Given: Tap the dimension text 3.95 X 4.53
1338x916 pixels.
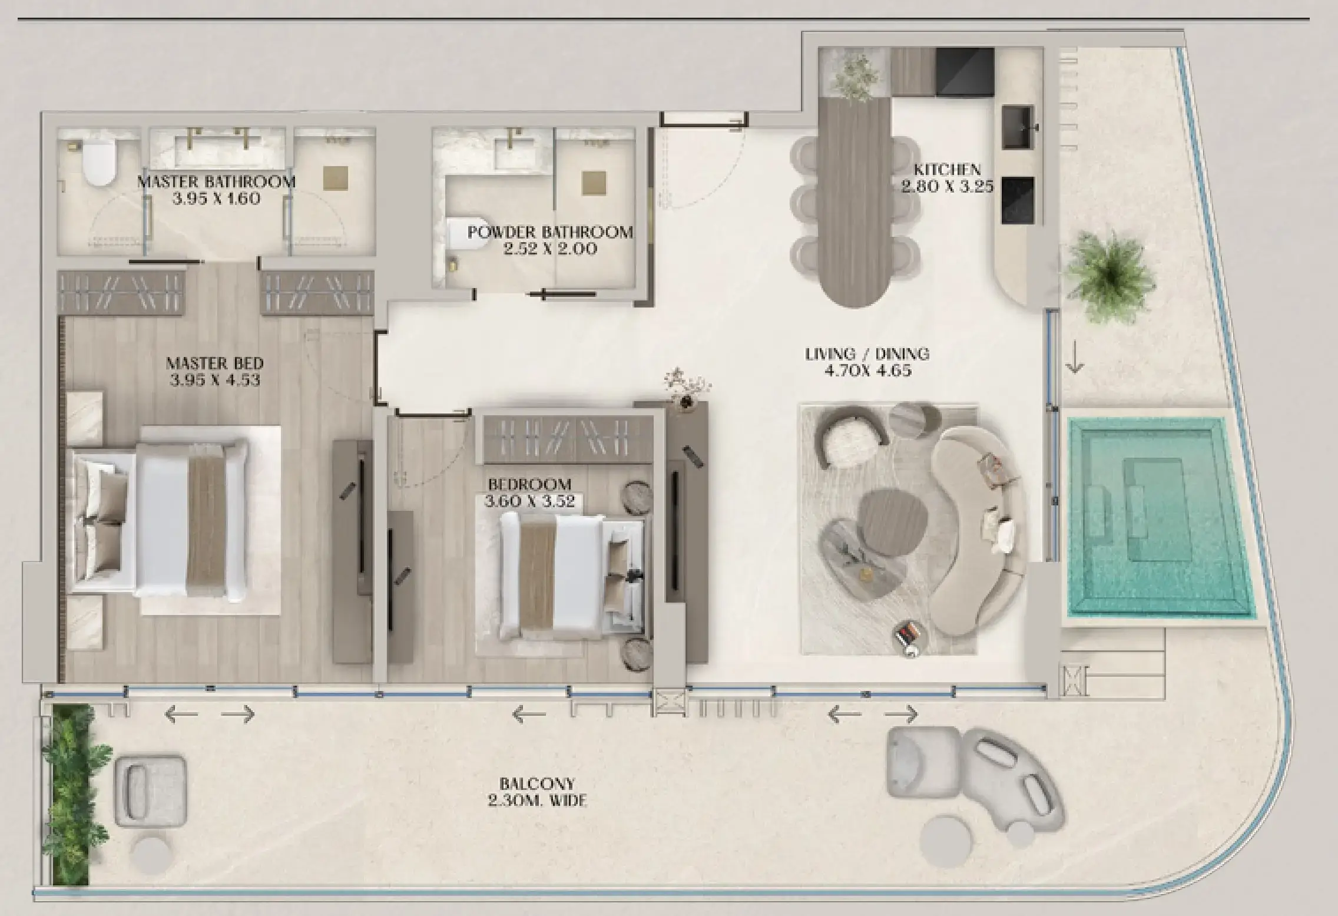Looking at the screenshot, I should pos(215,381).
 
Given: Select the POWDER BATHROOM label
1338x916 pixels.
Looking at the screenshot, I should pos(550,232).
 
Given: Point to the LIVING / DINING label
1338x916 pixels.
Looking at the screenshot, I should pos(867,354).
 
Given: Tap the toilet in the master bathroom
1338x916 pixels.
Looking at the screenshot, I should pos(98,164).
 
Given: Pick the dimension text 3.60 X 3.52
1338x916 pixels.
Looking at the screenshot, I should pos(529,502).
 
